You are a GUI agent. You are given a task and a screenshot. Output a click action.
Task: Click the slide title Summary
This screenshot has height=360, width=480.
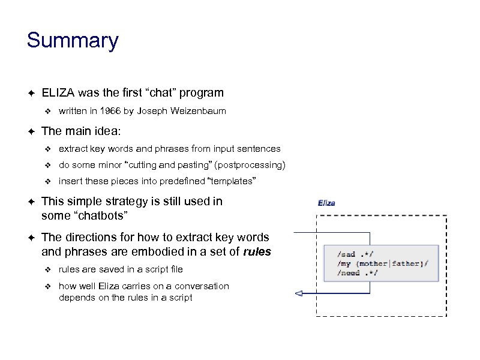coord(73,41)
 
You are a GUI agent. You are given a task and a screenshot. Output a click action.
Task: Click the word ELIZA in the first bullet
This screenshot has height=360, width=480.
coord(58,92)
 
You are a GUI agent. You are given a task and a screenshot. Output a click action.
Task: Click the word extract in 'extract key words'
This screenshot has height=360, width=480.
coord(73,148)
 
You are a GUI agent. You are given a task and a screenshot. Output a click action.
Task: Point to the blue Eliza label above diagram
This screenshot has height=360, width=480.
coord(326,203)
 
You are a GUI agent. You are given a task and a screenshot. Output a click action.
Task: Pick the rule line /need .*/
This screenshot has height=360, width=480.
coord(357,272)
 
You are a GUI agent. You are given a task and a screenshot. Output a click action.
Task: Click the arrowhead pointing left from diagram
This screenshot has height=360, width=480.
coord(297,293)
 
